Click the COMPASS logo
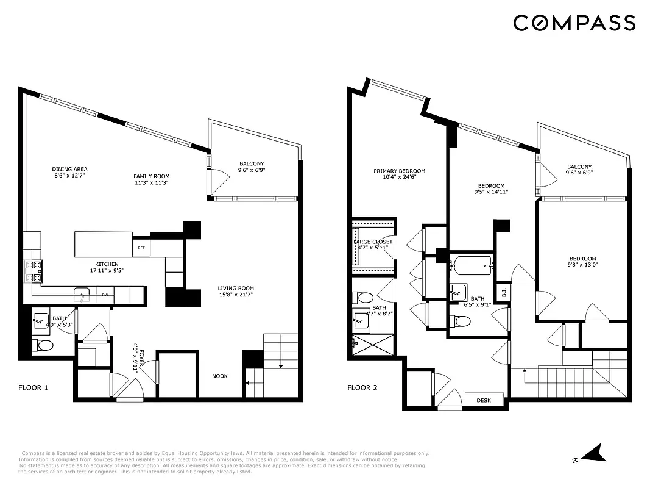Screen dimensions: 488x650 pyautogui.click(x=574, y=23)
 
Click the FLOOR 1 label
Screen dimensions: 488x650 pyautogui.click(x=33, y=387)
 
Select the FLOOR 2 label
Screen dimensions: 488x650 pyautogui.click(x=362, y=387)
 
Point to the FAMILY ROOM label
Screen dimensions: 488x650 pyautogui.click(x=151, y=176)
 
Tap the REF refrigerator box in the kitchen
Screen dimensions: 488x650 pyautogui.click(x=141, y=248)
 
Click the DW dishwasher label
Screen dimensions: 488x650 pyautogui.click(x=105, y=295)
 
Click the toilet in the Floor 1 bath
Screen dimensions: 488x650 pyautogui.click(x=43, y=346)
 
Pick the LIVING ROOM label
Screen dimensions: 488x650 pyautogui.click(x=236, y=289)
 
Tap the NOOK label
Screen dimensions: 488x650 pyautogui.click(x=220, y=376)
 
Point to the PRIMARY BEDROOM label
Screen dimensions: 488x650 pyautogui.click(x=399, y=171)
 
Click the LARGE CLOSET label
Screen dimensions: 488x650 pyautogui.click(x=373, y=242)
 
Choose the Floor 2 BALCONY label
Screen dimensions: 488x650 pyautogui.click(x=579, y=167)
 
